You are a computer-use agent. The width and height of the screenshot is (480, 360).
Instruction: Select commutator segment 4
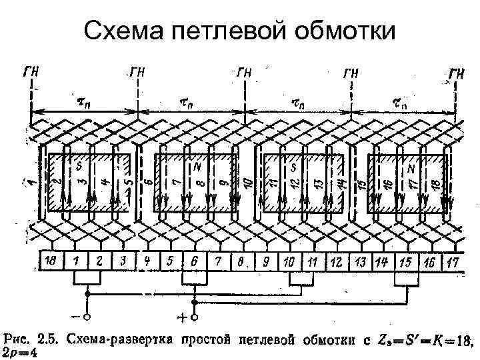point(150,261)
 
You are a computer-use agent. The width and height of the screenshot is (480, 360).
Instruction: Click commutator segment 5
point(170,261)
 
